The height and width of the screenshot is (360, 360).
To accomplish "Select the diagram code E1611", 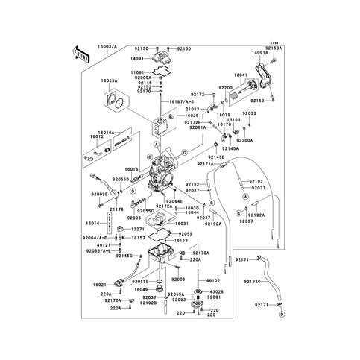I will click(276, 43).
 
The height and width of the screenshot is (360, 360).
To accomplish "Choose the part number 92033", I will click(249, 113).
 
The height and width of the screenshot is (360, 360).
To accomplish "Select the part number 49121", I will click(104, 244).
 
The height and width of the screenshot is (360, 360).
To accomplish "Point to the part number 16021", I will click(99, 285).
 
